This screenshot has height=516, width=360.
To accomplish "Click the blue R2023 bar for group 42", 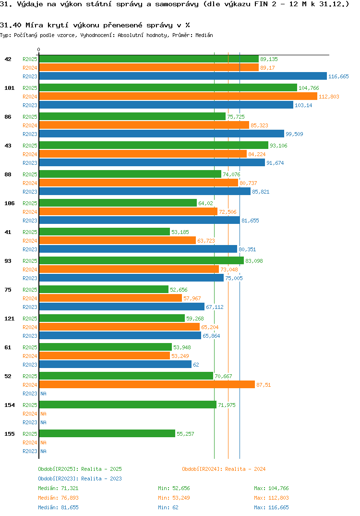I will (x=182, y=76).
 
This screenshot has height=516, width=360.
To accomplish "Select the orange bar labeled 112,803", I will (x=178, y=96).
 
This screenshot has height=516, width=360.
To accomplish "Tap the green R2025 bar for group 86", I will (x=132, y=116).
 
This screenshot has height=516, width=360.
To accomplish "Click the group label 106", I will (x=9, y=203).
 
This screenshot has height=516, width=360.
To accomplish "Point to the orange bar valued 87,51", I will (x=146, y=384).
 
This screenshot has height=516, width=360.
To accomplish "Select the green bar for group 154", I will (x=127, y=405).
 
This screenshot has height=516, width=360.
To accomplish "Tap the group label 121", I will (x=9, y=319).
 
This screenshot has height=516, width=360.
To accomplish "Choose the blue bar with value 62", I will (x=115, y=364).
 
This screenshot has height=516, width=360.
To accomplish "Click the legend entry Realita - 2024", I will (x=224, y=469).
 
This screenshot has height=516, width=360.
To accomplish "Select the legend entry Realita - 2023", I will (x=80, y=479).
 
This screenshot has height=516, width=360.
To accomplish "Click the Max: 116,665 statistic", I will (x=271, y=507).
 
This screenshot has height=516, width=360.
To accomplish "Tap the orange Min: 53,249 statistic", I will (x=174, y=498).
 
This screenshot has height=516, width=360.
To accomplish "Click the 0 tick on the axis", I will (x=39, y=49).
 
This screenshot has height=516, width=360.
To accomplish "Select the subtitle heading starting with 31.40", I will (x=95, y=25).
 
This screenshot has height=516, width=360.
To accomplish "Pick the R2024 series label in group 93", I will (x=30, y=270).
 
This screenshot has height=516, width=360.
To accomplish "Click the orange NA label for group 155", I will (x=43, y=442).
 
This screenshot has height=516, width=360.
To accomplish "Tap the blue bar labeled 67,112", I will (x=121, y=307).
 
